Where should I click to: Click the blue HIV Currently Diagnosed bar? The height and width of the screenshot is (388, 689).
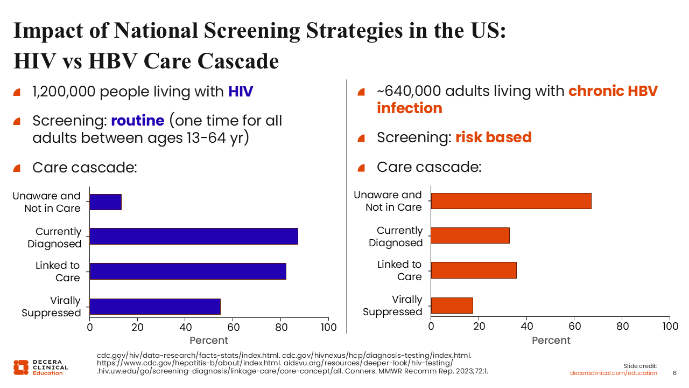click(194, 236)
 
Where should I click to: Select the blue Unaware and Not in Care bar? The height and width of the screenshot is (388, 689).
click(106, 202)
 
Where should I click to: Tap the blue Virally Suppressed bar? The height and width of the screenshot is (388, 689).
click(155, 307)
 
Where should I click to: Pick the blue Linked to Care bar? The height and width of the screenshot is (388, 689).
click(188, 271)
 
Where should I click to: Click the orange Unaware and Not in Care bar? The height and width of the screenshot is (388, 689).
click(511, 201)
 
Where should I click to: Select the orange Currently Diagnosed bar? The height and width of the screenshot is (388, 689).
click(470, 235)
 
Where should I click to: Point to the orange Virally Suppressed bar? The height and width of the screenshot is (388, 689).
click(452, 306)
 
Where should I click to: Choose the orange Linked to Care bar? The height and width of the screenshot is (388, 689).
click(474, 270)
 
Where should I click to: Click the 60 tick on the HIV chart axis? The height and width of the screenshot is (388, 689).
click(233, 327)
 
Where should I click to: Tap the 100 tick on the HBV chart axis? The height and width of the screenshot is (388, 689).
click(670, 326)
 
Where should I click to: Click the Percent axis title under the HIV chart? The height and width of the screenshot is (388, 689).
click(209, 341)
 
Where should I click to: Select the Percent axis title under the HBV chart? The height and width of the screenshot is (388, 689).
click(551, 341)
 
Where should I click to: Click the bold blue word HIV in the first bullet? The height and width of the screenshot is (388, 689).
click(240, 92)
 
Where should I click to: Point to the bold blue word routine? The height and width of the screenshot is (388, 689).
click(137, 121)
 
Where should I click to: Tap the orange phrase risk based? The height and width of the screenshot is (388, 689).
click(493, 137)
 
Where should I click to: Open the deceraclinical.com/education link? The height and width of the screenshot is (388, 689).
click(614, 373)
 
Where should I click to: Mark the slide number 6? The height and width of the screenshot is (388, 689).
click(675, 373)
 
